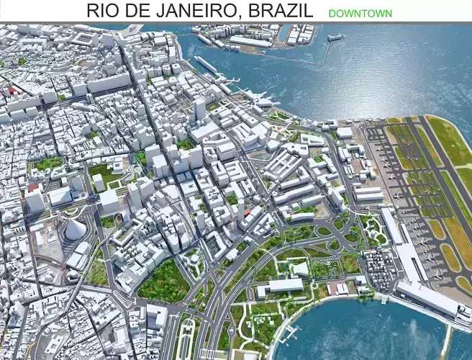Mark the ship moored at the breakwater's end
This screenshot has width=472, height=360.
coord(335,37)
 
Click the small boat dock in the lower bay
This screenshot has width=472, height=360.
coord(291,333)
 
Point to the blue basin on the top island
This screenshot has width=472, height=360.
coord(284,33)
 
